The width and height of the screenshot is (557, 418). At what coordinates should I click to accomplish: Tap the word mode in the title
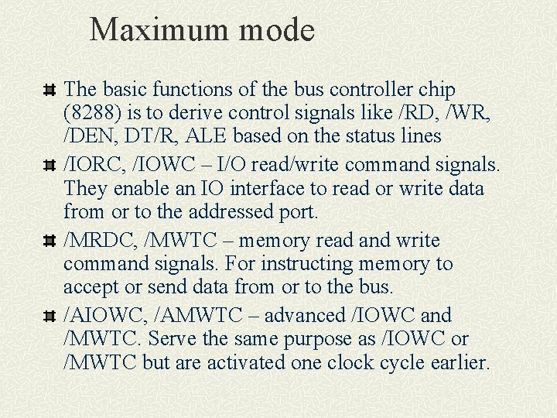tap(279, 30)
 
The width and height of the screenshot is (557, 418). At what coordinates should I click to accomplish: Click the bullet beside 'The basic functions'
tap(50, 91)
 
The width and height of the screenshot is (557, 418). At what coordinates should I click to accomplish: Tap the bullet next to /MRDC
tap(50, 242)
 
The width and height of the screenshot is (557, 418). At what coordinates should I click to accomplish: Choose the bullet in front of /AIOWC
tap(50, 317)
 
